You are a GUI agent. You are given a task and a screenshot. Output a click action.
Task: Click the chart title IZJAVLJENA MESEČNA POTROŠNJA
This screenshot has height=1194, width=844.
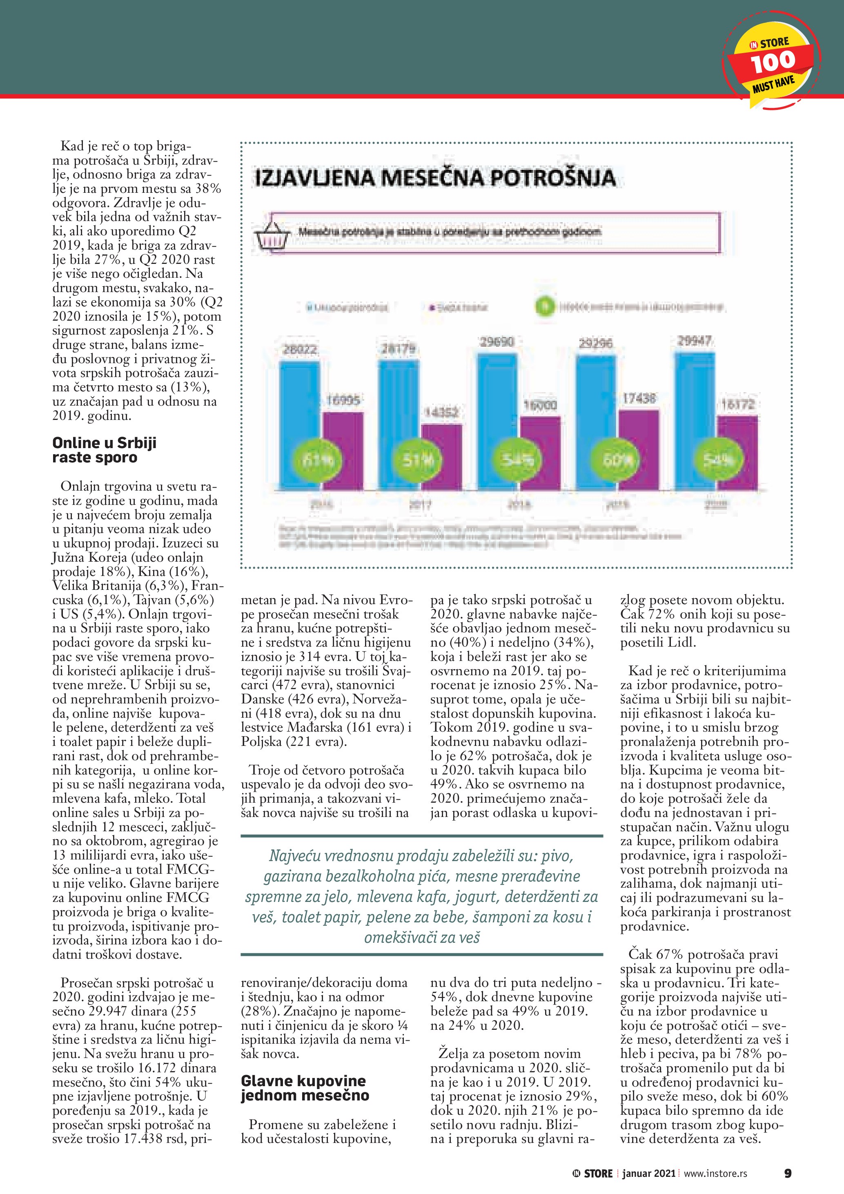[x=434, y=178]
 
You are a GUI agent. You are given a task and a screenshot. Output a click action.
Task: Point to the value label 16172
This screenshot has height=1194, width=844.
[x=738, y=404]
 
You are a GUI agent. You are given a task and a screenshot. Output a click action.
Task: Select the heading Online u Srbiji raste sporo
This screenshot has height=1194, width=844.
[x=104, y=450]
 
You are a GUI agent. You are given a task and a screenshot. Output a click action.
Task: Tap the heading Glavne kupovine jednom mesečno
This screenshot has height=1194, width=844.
[x=305, y=1088]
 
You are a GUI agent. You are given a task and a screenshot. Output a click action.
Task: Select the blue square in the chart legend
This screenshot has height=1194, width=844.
[x=309, y=307]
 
